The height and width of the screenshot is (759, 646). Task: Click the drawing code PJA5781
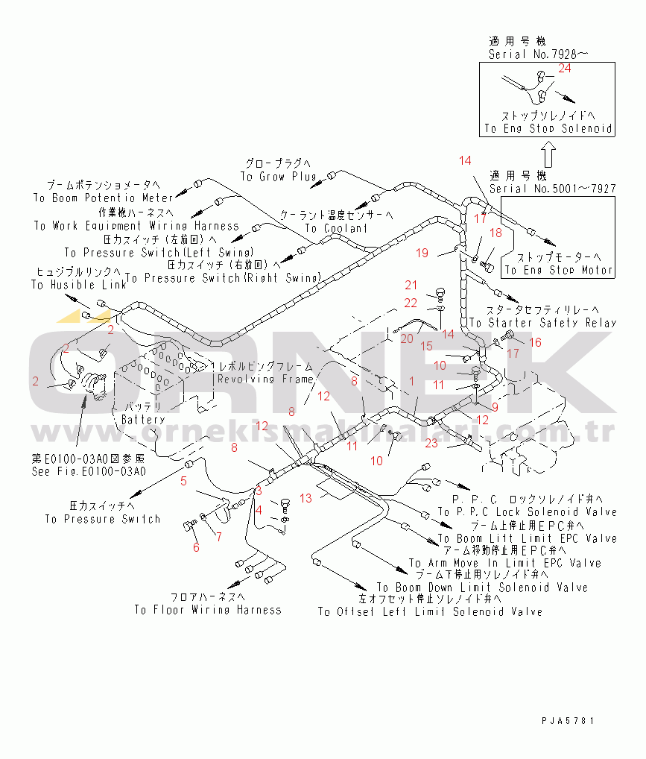[x=569, y=721]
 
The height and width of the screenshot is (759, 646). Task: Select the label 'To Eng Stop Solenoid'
[x=548, y=128]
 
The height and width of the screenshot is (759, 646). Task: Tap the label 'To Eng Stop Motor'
[x=559, y=270]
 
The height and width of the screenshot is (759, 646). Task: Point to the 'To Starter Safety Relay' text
[x=542, y=323]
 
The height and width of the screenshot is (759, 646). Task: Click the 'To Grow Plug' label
[x=278, y=177]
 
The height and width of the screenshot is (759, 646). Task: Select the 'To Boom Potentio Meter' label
[x=103, y=198]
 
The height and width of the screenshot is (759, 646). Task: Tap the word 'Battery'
[x=144, y=420]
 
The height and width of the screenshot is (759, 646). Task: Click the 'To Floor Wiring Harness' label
[x=208, y=610]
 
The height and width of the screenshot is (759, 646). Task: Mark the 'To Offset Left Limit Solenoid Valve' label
[x=430, y=611]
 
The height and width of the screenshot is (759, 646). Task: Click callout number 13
[x=305, y=497]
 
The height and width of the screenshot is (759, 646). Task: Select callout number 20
[x=406, y=338]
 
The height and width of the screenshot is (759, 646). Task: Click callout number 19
[x=422, y=253]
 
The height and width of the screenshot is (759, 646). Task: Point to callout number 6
[x=196, y=547]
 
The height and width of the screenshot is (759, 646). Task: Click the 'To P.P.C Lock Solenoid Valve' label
[x=527, y=512]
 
